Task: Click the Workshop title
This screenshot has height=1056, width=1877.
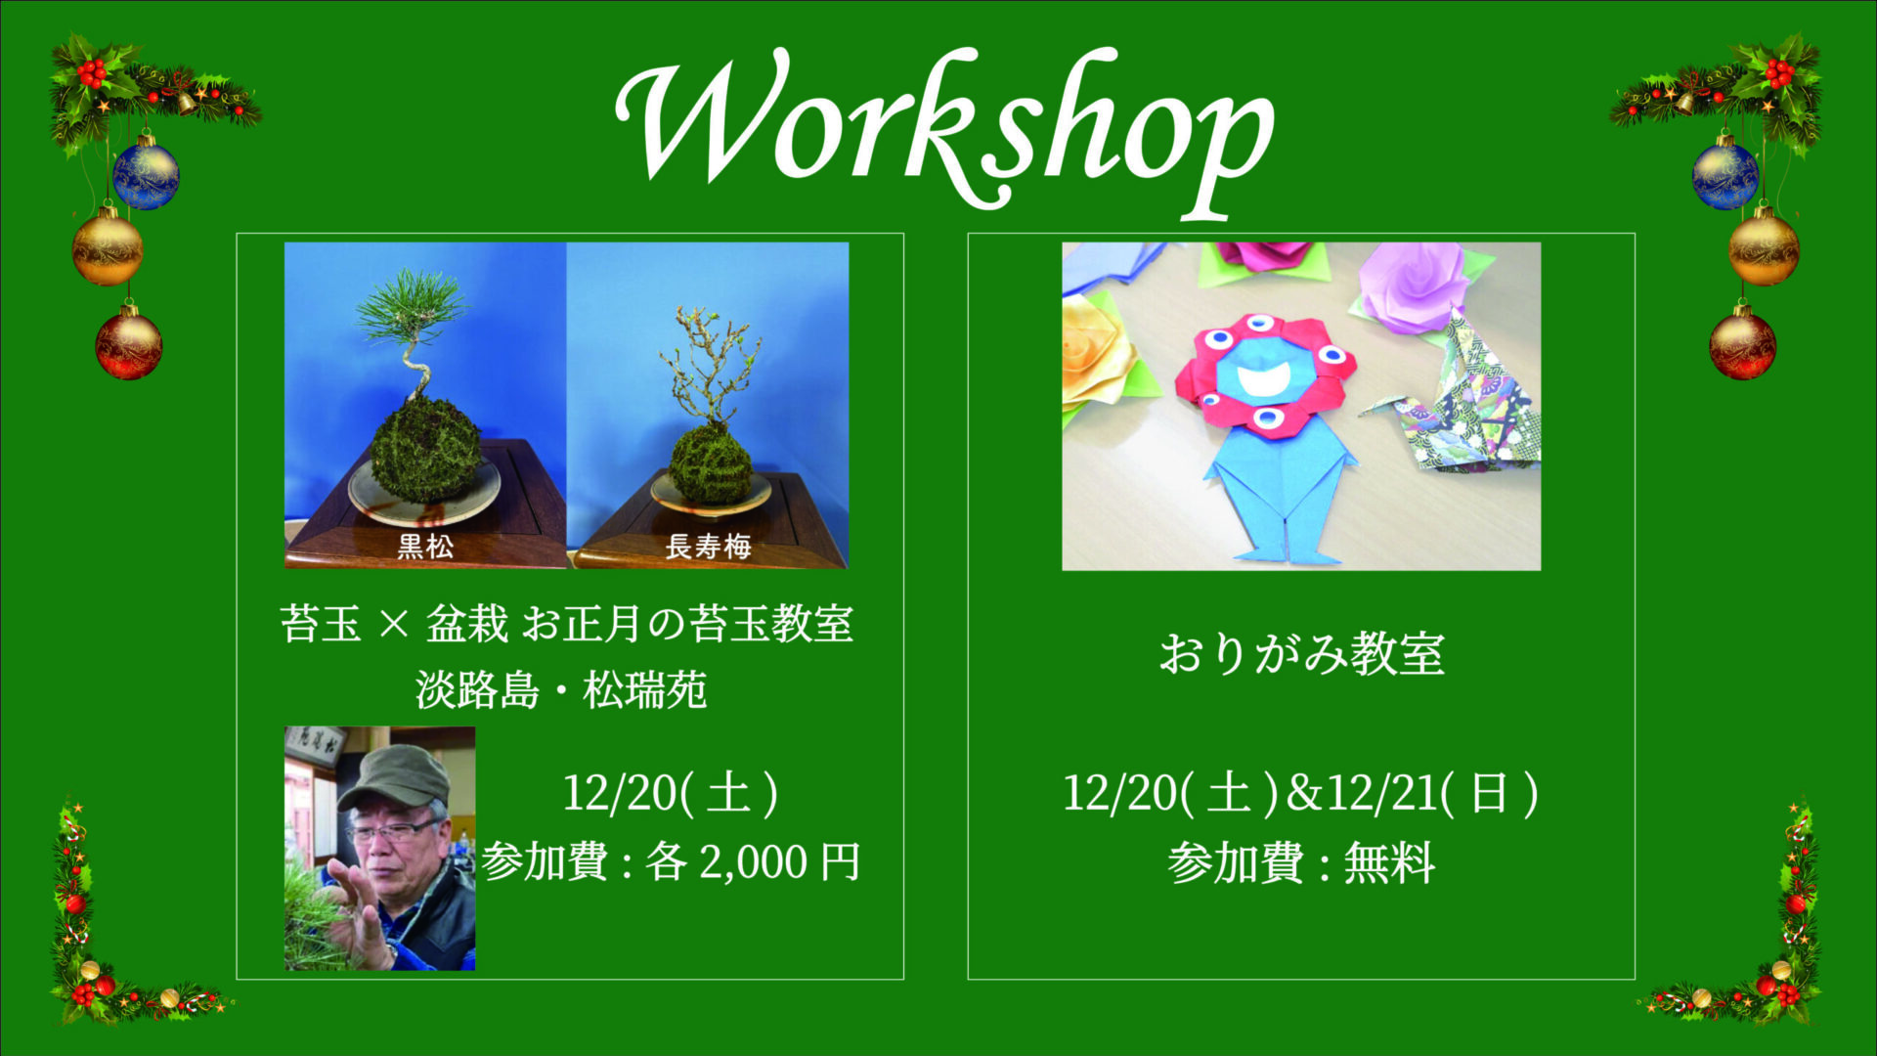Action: [944, 132]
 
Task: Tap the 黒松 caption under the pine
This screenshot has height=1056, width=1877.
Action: [425, 546]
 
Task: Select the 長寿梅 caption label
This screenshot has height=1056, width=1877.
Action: [708, 546]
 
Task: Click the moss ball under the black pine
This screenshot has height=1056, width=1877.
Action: [426, 450]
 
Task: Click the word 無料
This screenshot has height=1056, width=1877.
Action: [1389, 863]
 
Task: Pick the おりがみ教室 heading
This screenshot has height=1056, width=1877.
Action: [1301, 653]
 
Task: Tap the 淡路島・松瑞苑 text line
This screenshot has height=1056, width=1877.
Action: [561, 690]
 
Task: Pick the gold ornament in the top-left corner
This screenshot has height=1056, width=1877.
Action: [108, 248]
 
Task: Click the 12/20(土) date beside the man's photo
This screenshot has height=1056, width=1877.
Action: [671, 793]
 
